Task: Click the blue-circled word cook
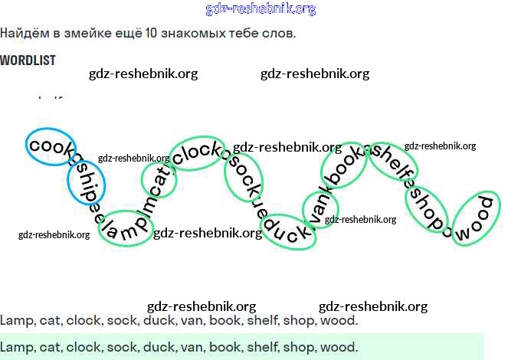[51, 146]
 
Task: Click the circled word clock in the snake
[197, 153]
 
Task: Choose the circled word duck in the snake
[289, 231]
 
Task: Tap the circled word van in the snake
[320, 209]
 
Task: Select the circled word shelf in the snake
[392, 159]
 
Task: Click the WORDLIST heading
[28, 60]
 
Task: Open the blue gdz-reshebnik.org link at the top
[260, 9]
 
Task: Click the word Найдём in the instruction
[23, 34]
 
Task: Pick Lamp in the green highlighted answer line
[16, 347]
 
